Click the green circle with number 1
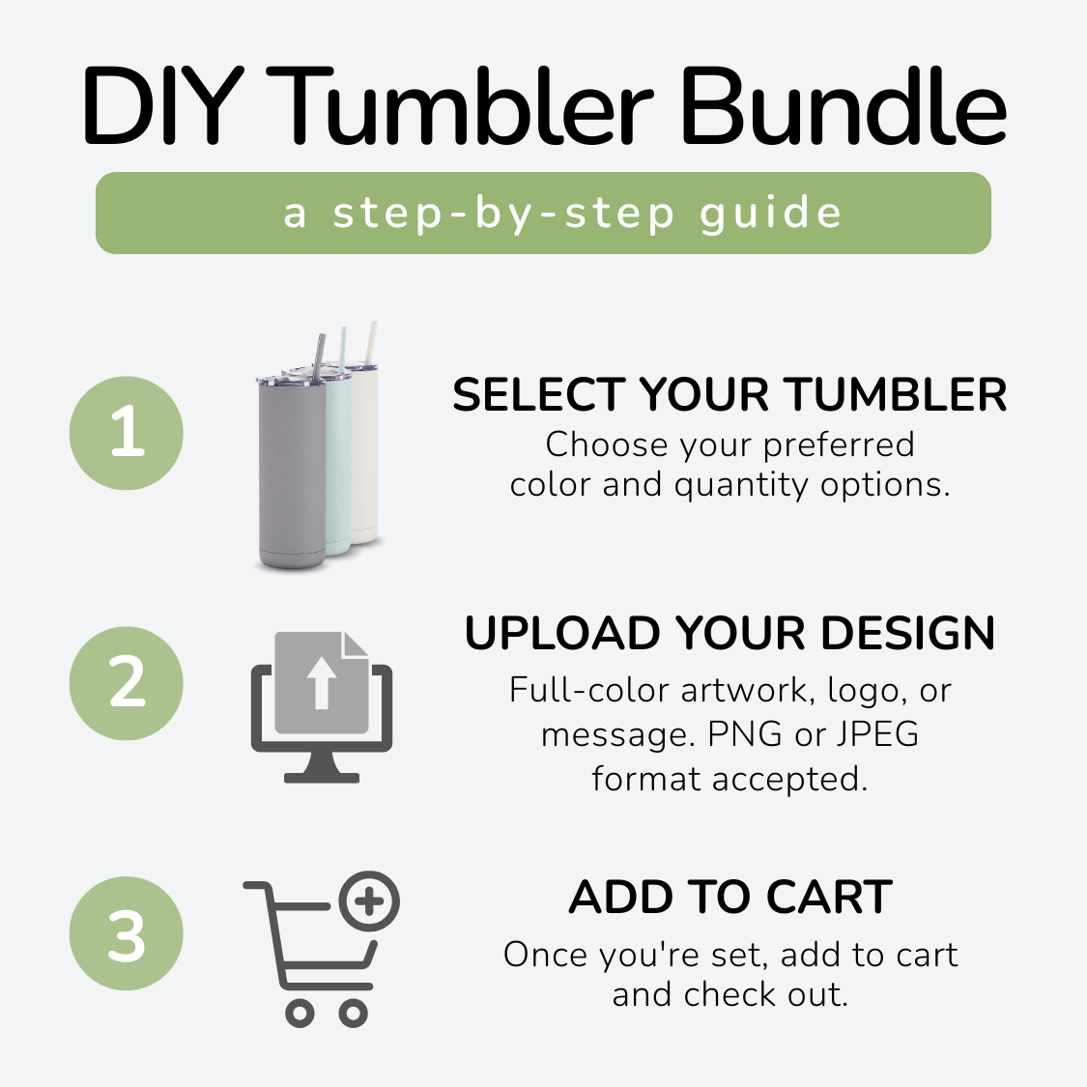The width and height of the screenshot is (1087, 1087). pyautogui.click(x=127, y=433)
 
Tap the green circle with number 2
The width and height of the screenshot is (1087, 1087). pyautogui.click(x=127, y=683)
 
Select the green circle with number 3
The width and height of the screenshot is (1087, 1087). pyautogui.click(x=127, y=933)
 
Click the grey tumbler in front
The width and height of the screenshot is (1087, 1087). pyautogui.click(x=291, y=472)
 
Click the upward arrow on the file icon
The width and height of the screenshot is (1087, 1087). pyautogui.click(x=321, y=683)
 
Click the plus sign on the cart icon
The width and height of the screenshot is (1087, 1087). pyautogui.click(x=369, y=901)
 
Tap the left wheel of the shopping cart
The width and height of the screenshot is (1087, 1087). pyautogui.click(x=300, y=1014)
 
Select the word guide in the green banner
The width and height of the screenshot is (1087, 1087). pyautogui.click(x=771, y=213)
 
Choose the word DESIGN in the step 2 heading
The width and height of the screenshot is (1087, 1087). pyautogui.click(x=907, y=633)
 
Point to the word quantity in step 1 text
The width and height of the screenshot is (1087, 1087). pyautogui.click(x=741, y=486)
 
